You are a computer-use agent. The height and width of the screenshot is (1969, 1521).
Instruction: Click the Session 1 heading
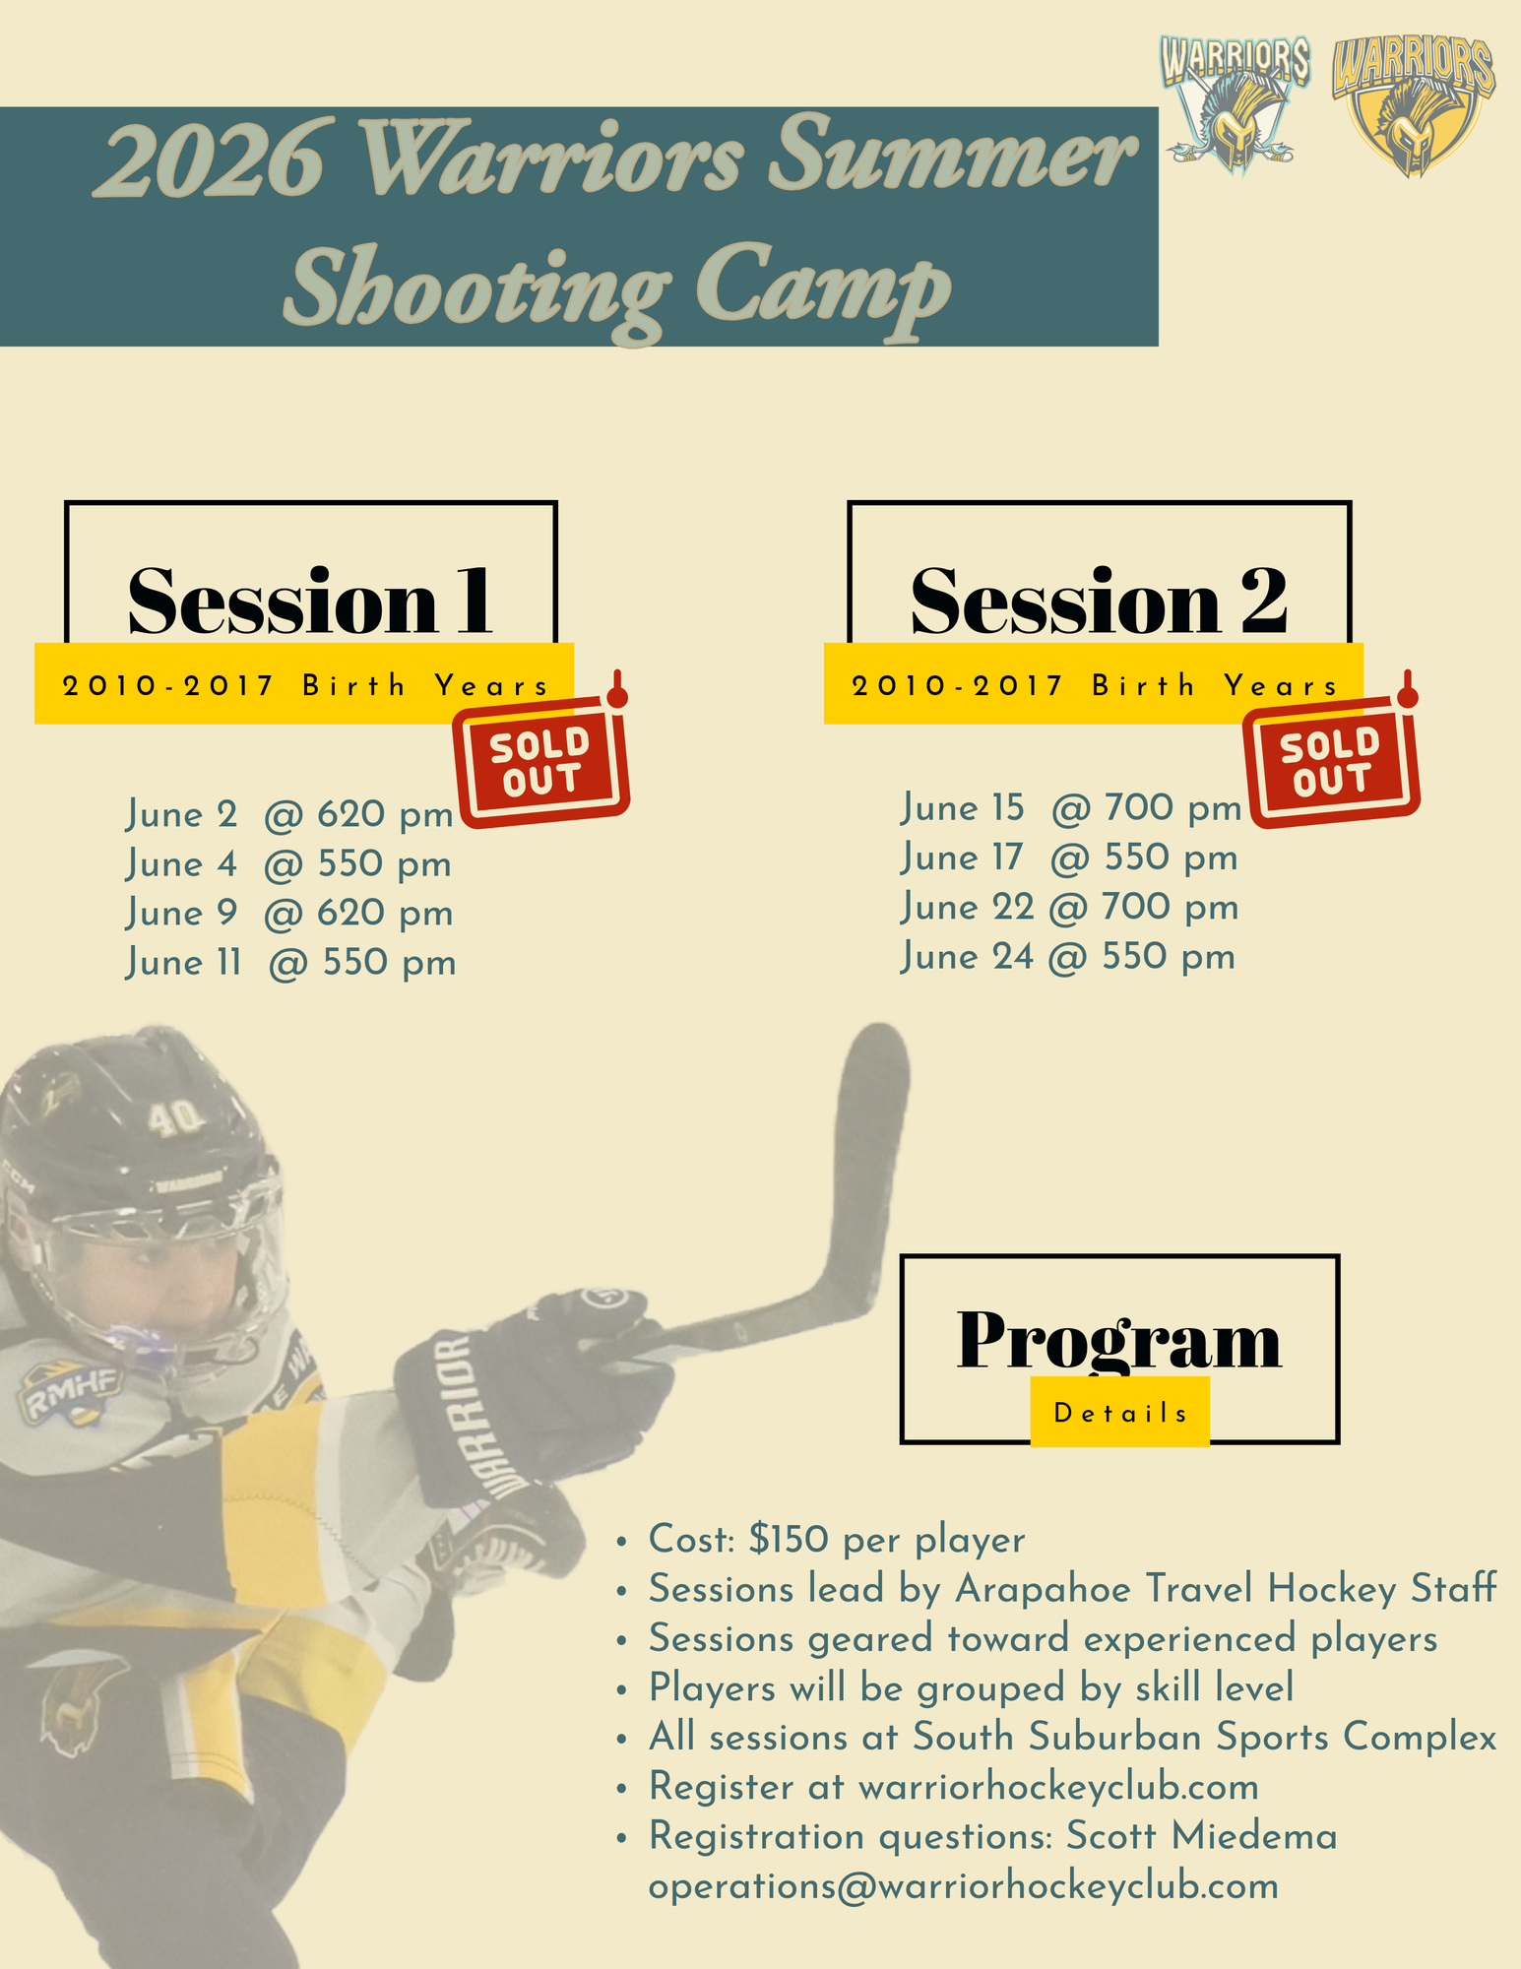click(310, 601)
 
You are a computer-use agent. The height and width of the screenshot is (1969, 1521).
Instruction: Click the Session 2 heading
click(1099, 601)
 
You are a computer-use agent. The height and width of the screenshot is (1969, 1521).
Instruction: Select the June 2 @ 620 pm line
click(289, 815)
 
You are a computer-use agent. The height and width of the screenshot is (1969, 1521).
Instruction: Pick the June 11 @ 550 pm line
click(291, 963)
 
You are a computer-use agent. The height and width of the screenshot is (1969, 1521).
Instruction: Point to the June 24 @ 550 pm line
click(1068, 957)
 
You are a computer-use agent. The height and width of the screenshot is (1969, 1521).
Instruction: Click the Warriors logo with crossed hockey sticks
click(1235, 103)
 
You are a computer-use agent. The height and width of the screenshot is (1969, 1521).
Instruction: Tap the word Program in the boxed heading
click(1119, 1341)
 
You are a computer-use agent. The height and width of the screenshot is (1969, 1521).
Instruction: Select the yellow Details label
click(1120, 1413)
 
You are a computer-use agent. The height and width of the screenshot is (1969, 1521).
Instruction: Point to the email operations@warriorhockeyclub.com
click(964, 1886)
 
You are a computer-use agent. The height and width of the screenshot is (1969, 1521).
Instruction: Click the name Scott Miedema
click(1202, 1836)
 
